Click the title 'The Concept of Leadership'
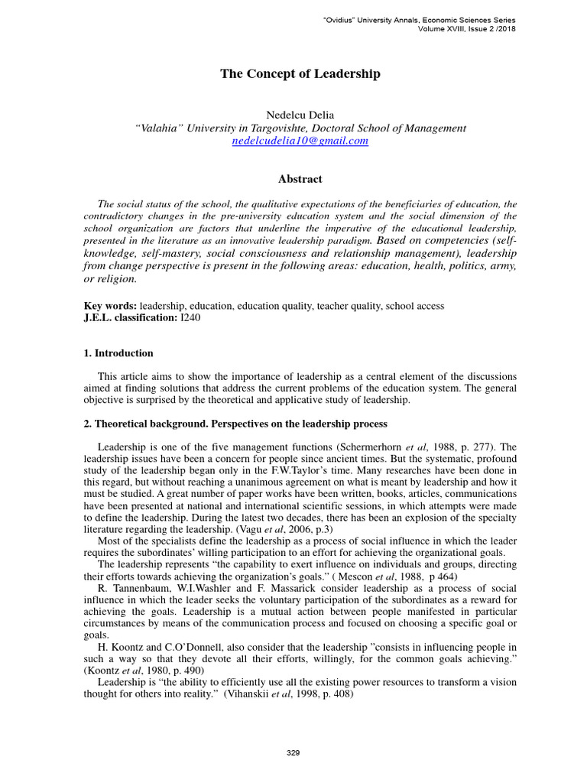pyautogui.click(x=300, y=74)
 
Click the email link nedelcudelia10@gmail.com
pyautogui.click(x=300, y=141)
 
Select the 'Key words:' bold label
pyautogui.click(x=110, y=306)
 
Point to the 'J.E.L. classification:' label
pyautogui.click(x=130, y=317)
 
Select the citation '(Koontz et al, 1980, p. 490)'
pyautogui.click(x=138, y=670)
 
